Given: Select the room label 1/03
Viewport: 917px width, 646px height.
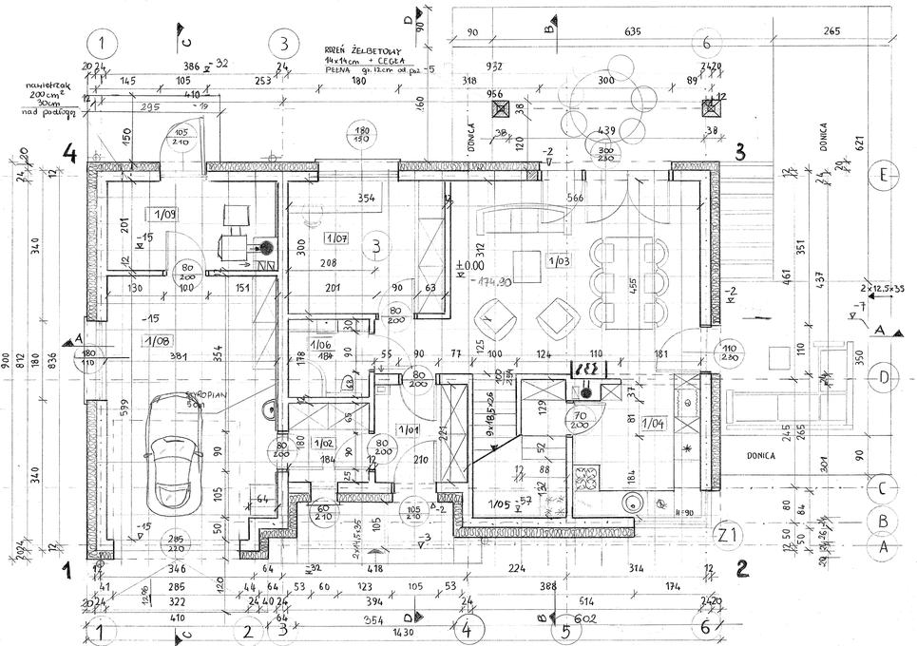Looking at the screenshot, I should [x=558, y=258].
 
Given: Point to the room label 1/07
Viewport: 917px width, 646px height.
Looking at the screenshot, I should [x=336, y=237].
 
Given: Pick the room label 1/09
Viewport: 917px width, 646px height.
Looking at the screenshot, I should [x=162, y=214].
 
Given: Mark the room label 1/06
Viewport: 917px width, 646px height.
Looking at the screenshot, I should [x=320, y=346].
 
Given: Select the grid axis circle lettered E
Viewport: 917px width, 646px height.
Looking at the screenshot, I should [x=883, y=175].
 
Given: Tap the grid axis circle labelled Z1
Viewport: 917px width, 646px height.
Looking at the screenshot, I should [x=730, y=536].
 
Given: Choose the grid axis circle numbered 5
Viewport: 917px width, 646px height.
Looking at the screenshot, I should [x=565, y=630].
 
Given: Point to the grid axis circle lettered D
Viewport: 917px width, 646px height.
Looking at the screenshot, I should [x=883, y=377].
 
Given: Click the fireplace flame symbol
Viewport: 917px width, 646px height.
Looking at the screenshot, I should [x=583, y=367].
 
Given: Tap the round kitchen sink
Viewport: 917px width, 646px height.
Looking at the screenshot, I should [x=630, y=504].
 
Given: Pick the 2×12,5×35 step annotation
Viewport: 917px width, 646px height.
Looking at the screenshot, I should [x=881, y=286].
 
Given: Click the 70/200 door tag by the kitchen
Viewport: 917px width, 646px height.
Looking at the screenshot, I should [x=579, y=420].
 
